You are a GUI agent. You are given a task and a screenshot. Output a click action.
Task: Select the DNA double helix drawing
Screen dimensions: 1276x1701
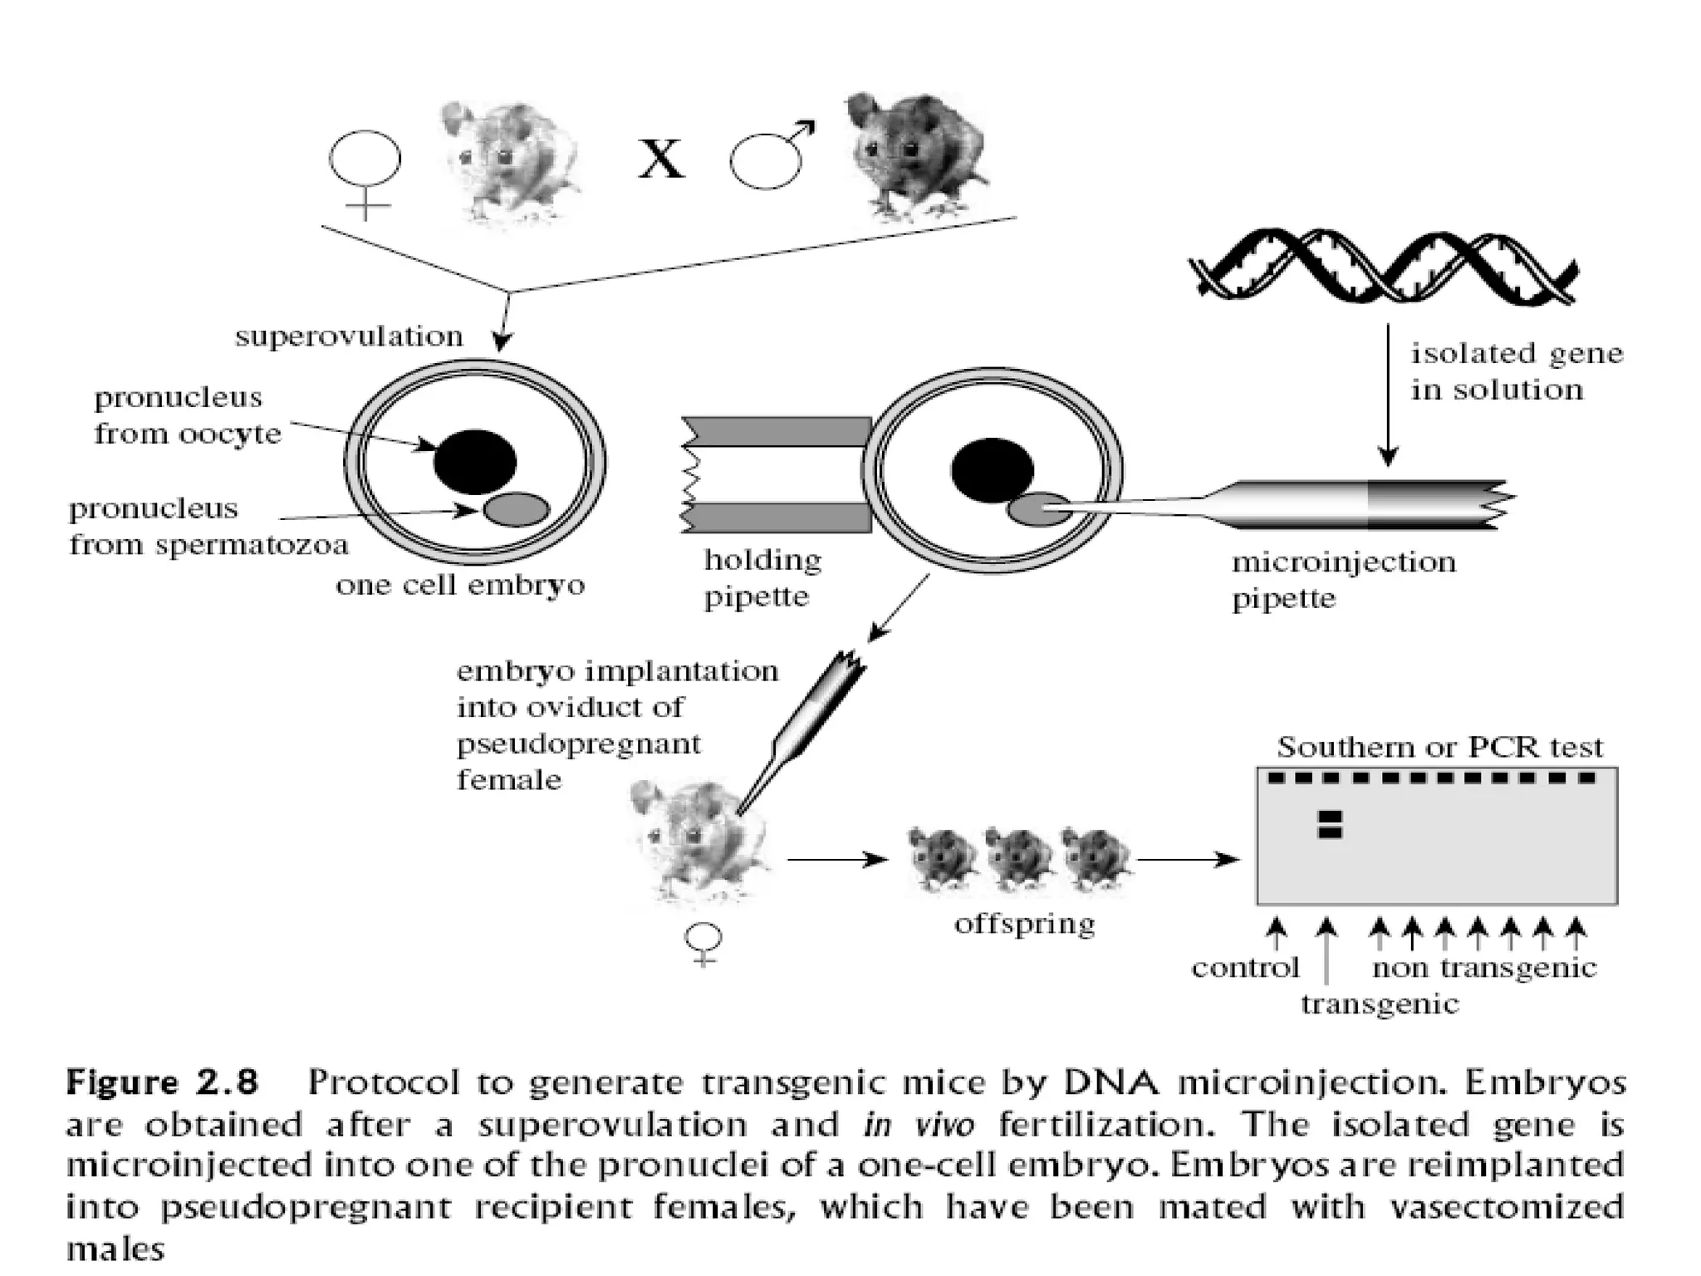[1382, 265]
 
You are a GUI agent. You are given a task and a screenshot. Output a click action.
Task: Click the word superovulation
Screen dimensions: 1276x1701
[349, 336]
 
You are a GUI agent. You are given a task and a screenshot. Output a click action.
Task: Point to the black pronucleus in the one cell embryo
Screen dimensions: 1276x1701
[474, 462]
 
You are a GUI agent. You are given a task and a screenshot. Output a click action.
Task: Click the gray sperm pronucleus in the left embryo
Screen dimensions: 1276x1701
[517, 508]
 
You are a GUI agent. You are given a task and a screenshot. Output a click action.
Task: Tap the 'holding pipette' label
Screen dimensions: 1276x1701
[762, 578]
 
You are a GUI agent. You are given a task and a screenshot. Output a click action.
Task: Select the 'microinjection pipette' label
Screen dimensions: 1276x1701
[1343, 580]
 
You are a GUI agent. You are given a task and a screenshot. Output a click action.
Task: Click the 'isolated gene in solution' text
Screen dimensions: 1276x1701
[1515, 371]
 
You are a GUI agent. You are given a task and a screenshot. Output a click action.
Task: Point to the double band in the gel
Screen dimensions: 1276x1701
[1330, 824]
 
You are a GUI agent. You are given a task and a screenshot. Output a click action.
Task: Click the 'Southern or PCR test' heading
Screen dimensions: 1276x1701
[1439, 747]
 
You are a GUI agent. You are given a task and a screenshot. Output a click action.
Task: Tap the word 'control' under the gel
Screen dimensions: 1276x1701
[1244, 968]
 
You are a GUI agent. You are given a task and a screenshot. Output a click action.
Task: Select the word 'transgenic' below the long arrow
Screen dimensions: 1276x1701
[1379, 1004]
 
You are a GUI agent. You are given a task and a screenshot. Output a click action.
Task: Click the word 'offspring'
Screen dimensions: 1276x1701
[1024, 924]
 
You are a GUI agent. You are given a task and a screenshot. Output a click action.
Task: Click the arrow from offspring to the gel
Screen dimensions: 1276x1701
[1188, 859]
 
